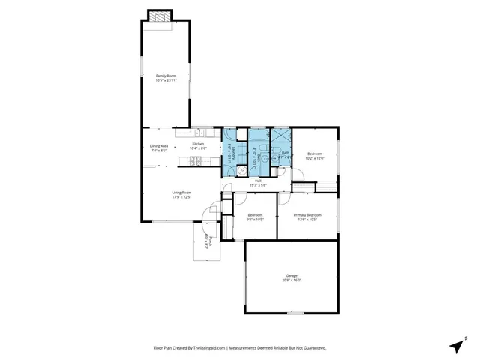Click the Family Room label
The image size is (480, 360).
pyautogui.click(x=165, y=75)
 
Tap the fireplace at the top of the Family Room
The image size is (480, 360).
pyautogui.click(x=158, y=16)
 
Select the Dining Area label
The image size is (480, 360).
pyautogui.click(x=159, y=146)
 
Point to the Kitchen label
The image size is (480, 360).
pyautogui.click(x=198, y=144)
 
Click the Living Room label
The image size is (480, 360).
pyautogui.click(x=182, y=193)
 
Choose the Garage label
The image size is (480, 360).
pyautogui.click(x=292, y=275)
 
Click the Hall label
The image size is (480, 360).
pyautogui.click(x=257, y=181)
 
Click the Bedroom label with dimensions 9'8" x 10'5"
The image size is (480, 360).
pyautogui.click(x=255, y=215)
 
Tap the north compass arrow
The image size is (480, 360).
pyautogui.click(x=457, y=345)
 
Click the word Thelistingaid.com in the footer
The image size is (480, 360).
pyautogui.click(x=205, y=347)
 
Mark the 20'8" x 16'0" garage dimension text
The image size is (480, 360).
pyautogui.click(x=292, y=280)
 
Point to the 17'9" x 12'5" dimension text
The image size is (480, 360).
pyautogui.click(x=182, y=197)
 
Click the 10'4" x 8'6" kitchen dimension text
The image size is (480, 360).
pyautogui.click(x=198, y=148)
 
